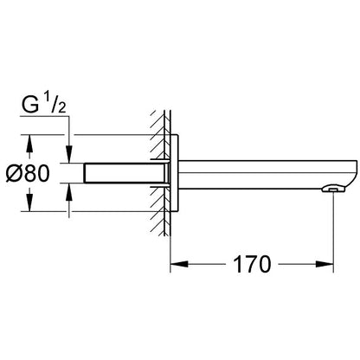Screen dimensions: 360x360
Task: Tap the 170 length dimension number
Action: (249, 263)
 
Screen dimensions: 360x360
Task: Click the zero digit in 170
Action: (264, 263)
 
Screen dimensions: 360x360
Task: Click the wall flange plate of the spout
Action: (174, 172)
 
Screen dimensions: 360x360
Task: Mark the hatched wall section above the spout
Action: (157, 130)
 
